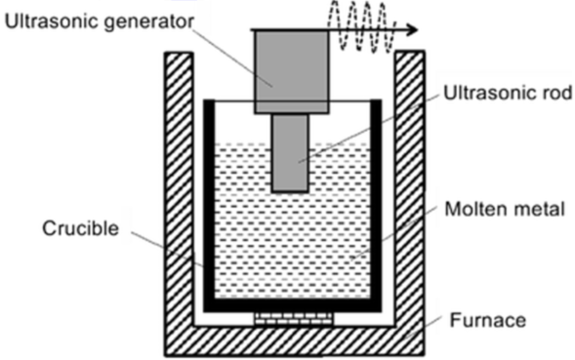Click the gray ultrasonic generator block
click(x=291, y=71)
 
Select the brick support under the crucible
click(x=291, y=318)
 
